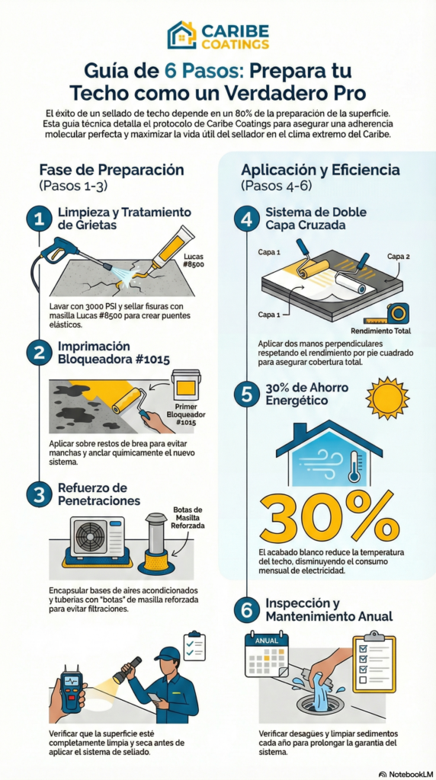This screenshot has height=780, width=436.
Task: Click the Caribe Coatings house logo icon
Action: (x=181, y=35)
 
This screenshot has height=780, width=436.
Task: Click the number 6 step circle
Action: (x=247, y=612)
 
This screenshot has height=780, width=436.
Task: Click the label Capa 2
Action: (x=398, y=257)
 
